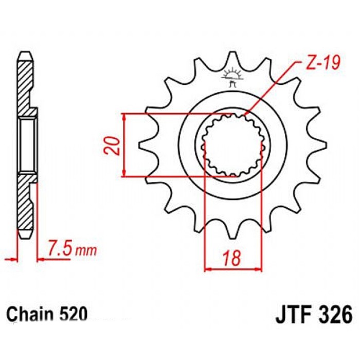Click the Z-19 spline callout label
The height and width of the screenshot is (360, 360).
coord(322,63)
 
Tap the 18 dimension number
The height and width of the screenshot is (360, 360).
coord(232,258)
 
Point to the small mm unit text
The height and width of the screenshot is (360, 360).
coord(86,251)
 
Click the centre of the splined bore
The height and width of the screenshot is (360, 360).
coord(232,146)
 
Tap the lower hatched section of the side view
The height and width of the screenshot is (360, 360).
coord(25,202)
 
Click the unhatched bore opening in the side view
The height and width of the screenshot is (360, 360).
coord(28,145)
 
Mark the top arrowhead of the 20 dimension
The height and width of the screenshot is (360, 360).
coord(124,117)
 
